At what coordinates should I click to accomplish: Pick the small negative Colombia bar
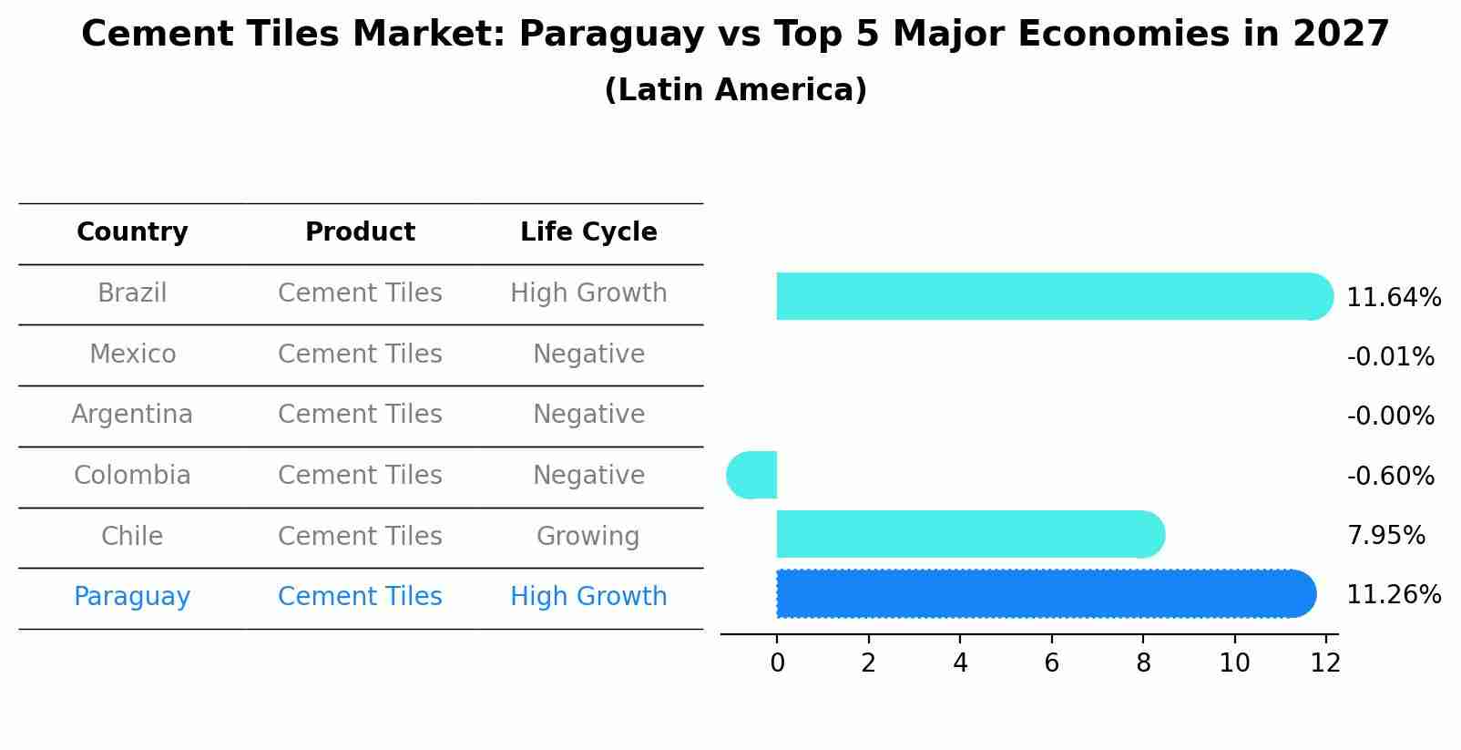tap(753, 475)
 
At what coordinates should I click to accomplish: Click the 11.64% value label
tap(1394, 298)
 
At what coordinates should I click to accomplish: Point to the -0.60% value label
tap(1390, 477)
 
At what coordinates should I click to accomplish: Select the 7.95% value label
tap(1385, 536)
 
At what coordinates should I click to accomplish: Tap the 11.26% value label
tap(1394, 595)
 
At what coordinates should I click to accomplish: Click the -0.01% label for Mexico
tap(1390, 357)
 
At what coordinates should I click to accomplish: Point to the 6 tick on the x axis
tap(1051, 663)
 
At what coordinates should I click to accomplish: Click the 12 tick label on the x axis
tap(1325, 663)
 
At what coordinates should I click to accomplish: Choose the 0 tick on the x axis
tap(777, 663)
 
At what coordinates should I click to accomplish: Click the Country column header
tap(132, 232)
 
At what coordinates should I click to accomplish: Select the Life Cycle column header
tap(588, 232)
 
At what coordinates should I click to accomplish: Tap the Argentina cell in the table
tap(132, 415)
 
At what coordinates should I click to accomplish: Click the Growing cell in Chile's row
tap(588, 537)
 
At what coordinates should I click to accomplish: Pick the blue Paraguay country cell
tap(132, 597)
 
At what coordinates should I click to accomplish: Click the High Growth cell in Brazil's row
tap(588, 293)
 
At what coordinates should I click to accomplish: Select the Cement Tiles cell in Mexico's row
tap(360, 354)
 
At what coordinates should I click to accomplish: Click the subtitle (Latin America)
tap(735, 90)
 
